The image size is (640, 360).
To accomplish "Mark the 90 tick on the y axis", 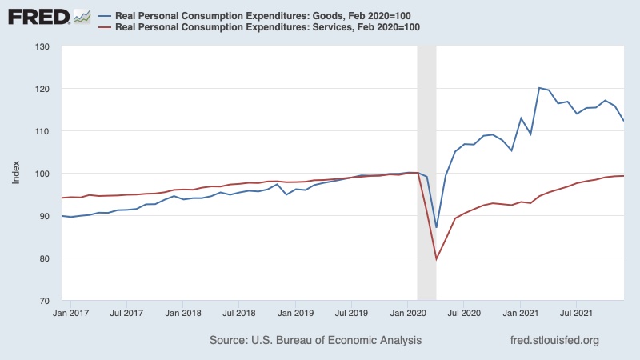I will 46,216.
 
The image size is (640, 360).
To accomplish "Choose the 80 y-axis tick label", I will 46,258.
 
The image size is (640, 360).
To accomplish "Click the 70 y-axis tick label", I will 46,301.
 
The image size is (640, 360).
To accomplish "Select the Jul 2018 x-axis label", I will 238,313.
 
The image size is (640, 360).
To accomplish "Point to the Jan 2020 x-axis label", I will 408,313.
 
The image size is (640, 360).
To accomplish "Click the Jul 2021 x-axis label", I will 577,313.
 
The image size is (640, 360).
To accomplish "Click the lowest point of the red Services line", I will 436,259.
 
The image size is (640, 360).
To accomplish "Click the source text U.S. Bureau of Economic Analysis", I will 316,341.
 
